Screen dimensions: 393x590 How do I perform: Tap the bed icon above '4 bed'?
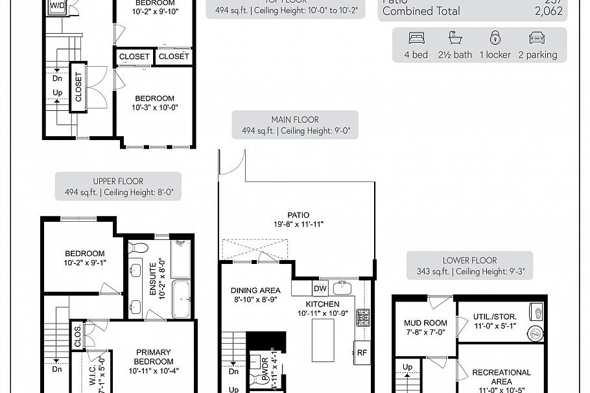point(416,37)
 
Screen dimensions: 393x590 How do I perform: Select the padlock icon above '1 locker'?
point(495,37)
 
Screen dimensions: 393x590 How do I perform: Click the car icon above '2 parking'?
point(537,37)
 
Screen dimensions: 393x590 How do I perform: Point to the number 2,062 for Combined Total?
point(551,11)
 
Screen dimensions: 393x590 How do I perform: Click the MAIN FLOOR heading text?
point(295,119)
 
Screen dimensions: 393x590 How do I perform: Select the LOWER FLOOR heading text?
point(469,260)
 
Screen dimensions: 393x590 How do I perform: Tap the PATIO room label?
point(298,215)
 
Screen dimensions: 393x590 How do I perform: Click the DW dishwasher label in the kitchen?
point(320,289)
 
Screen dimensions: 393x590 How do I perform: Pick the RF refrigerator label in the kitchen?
point(362,353)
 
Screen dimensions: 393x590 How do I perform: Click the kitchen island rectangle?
point(323,339)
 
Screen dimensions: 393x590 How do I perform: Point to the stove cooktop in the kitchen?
point(364,317)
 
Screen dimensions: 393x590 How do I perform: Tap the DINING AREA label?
point(255,291)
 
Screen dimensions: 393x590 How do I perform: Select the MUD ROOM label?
point(425,322)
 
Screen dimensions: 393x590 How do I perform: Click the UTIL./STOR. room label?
point(495,316)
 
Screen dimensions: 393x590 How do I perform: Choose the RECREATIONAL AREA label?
point(501,373)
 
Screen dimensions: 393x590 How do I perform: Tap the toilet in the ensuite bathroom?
point(138,248)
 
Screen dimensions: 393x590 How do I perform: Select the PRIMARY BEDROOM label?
point(153,357)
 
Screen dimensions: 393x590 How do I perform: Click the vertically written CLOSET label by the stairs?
point(78,87)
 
